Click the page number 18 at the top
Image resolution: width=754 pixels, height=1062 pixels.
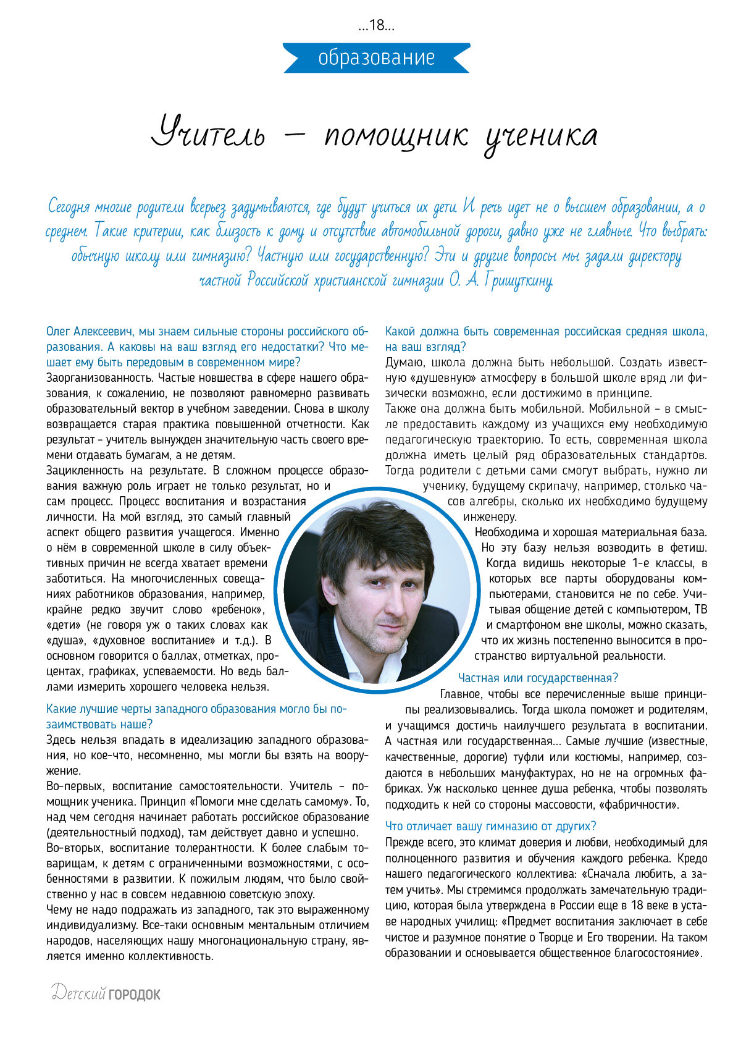coord(377,26)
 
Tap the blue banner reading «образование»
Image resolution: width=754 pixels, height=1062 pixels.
coord(376,58)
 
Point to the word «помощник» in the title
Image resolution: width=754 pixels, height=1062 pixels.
coord(396,137)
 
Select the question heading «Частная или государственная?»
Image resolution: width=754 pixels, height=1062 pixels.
coord(538,678)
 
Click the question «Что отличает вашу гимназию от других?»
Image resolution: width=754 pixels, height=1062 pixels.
coord(491,826)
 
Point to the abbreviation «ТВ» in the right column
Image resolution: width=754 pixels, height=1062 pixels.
coord(700,610)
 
